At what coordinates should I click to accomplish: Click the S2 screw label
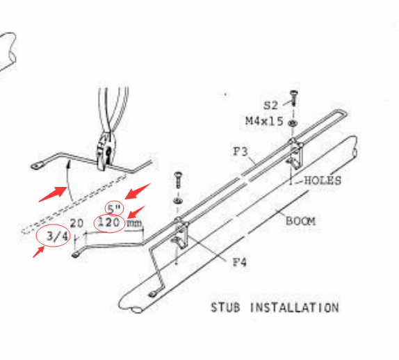[270, 106]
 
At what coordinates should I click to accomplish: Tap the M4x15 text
[264, 121]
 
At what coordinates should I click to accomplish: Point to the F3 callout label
[241, 152]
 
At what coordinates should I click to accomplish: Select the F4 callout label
[240, 262]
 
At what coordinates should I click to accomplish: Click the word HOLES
[323, 181]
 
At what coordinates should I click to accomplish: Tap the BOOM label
[301, 221]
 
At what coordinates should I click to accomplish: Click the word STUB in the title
[225, 307]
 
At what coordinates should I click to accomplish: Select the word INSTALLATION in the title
[295, 308]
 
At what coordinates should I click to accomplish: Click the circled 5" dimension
[114, 209]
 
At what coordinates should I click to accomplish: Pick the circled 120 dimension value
[109, 223]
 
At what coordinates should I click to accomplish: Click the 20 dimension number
[76, 223]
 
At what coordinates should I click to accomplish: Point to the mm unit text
[134, 223]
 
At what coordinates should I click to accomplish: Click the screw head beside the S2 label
[294, 93]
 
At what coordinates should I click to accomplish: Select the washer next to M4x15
[293, 123]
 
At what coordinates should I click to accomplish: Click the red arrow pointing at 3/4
[39, 252]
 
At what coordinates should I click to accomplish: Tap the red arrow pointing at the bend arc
[53, 194]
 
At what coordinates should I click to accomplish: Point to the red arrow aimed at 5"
[138, 191]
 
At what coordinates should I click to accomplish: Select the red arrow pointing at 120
[136, 212]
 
